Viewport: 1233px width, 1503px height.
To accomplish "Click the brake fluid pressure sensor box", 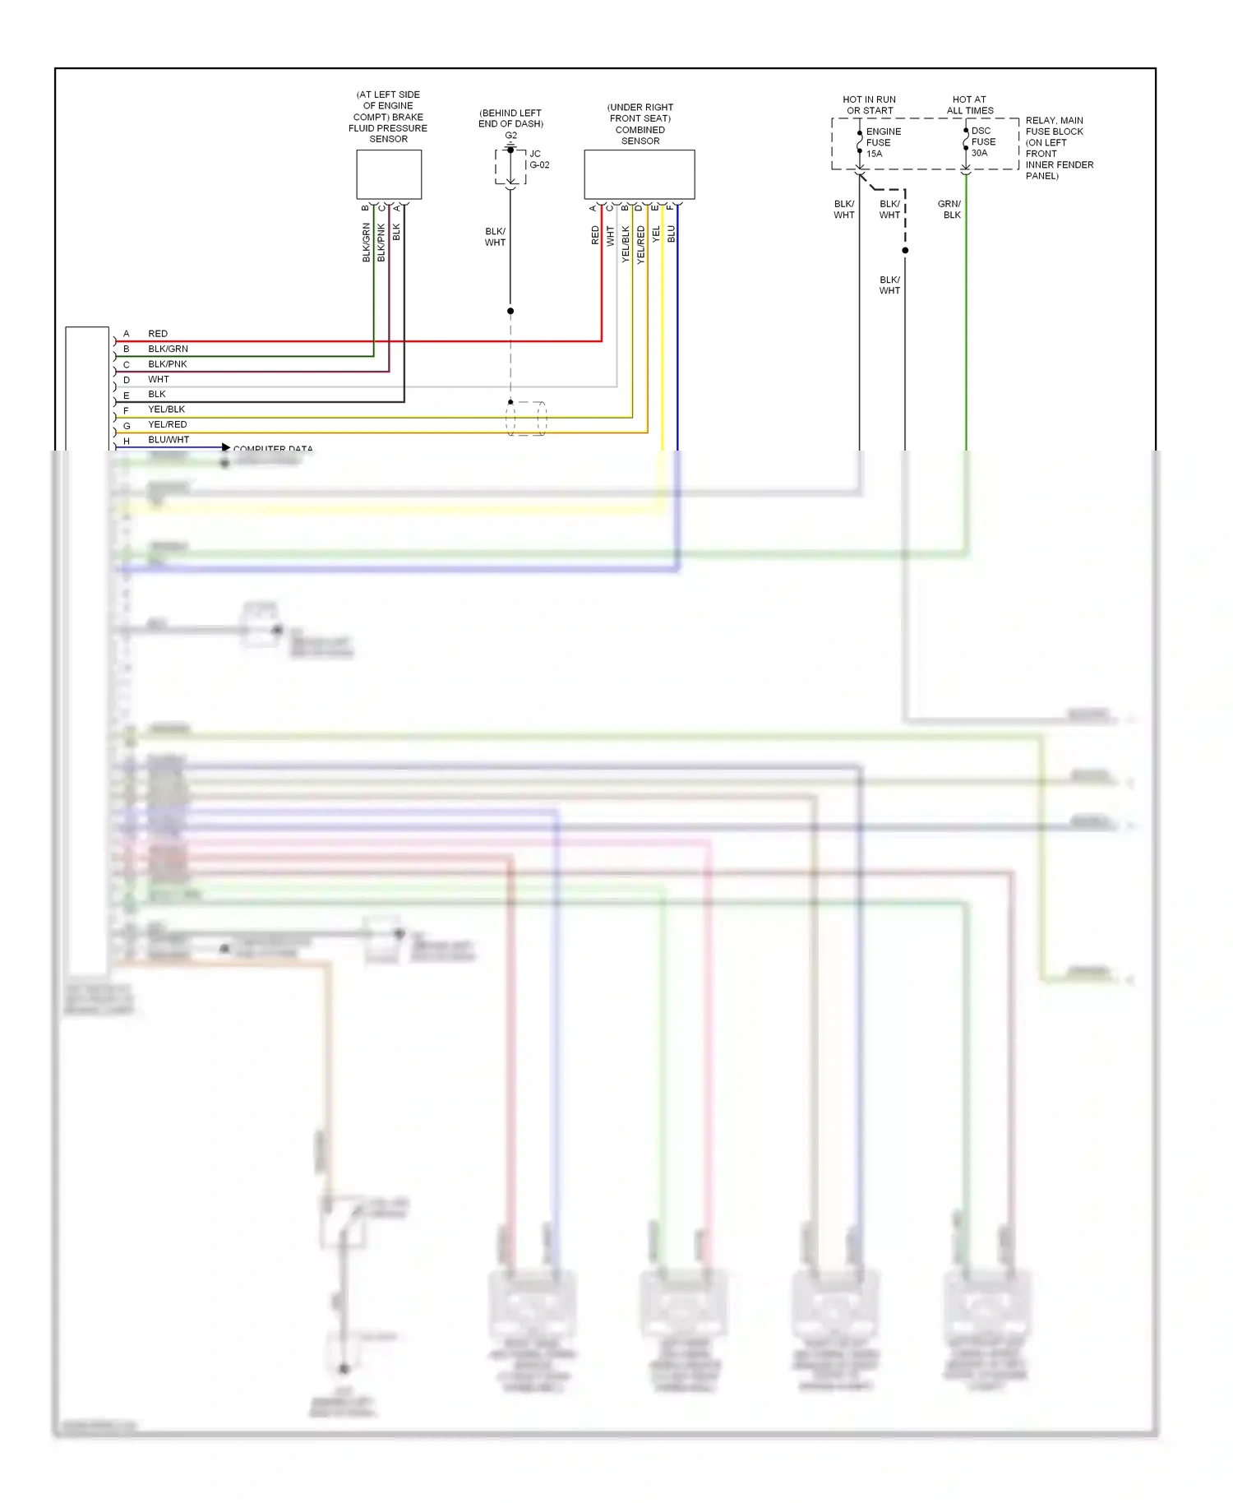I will pos(389,174).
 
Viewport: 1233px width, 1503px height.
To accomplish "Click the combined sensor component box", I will pos(639,174).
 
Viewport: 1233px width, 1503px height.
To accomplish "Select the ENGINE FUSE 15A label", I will pos(883,142).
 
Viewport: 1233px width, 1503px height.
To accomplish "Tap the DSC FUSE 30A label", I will pos(982,141).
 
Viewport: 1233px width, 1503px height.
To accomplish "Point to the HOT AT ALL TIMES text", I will pos(969,104).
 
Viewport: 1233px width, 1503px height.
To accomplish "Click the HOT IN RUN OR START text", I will pos(869,104).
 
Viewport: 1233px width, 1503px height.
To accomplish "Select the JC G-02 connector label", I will pos(538,160).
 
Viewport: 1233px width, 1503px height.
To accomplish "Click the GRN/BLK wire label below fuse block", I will pos(950,209).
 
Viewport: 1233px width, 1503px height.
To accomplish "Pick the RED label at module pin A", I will pos(157,334).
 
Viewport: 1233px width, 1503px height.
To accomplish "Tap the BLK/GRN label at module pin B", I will pos(168,349).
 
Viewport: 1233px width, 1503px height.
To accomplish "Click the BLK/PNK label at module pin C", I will pos(167,364).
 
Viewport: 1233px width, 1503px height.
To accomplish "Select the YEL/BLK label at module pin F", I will pos(166,409).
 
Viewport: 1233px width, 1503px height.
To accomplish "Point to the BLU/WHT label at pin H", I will pos(168,440).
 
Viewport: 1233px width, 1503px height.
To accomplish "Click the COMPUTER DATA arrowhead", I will pos(226,447).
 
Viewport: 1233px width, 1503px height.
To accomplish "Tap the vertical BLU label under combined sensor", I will pos(671,234).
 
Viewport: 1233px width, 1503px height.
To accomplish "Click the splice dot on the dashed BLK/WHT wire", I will pos(905,250).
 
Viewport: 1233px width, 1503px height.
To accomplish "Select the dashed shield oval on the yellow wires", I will pos(526,419).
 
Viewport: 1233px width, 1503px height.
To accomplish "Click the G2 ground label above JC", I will pos(510,136).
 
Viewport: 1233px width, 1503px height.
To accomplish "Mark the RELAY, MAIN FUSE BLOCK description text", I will pos(1059,148).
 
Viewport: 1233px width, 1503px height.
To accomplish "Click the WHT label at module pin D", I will pos(158,379).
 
